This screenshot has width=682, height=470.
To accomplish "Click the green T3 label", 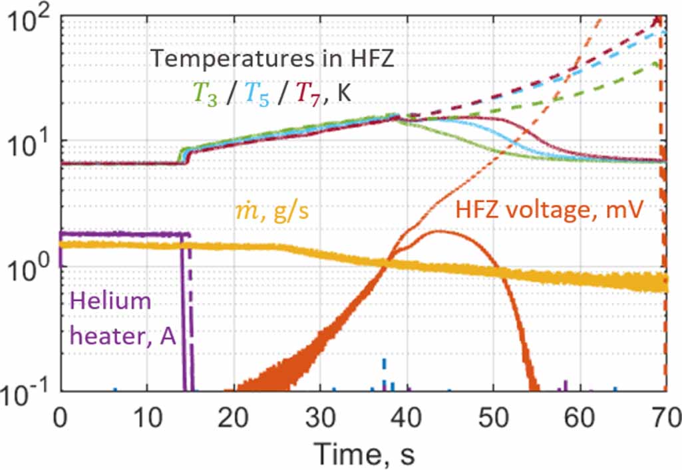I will [203, 94].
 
